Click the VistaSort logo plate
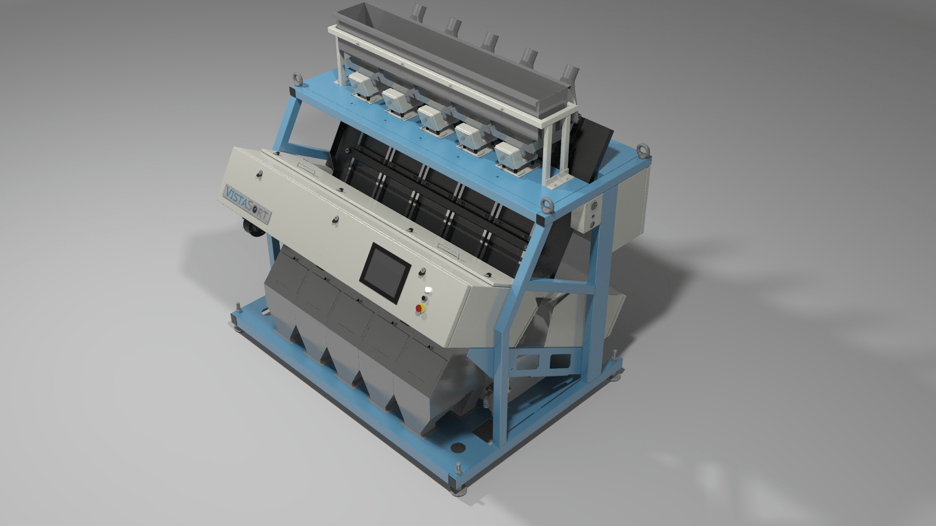pos(247,204)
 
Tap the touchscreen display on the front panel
pos(386,273)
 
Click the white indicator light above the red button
pos(429,290)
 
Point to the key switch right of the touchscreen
pos(423,271)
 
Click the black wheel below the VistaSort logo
pos(251,229)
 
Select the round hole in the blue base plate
pos(458,447)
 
